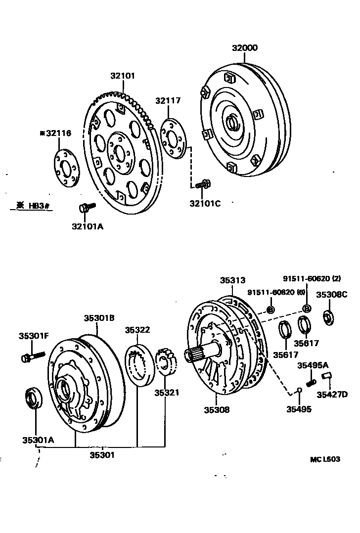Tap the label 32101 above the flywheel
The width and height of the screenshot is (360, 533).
[122, 76]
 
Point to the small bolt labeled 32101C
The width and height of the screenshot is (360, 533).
[203, 184]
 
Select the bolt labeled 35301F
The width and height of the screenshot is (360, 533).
[33, 356]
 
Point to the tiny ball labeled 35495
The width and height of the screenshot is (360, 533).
[299, 391]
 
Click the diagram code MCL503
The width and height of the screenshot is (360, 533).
[325, 459]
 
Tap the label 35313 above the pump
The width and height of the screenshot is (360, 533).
[232, 280]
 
